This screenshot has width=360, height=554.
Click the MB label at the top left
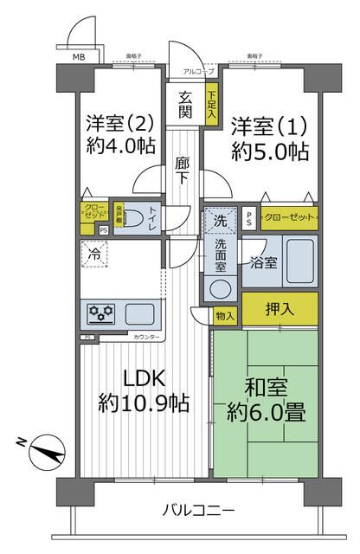[x=78, y=57]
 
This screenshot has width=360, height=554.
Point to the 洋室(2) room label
[x=121, y=122]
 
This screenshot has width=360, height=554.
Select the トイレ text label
[x=151, y=219]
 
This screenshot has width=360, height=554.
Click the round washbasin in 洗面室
[x=220, y=288]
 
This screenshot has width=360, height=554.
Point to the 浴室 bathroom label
[x=264, y=261]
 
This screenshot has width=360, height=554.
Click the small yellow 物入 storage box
[x=225, y=317]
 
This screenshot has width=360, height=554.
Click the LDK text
[x=141, y=378]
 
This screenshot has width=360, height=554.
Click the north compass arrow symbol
[x=45, y=452]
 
